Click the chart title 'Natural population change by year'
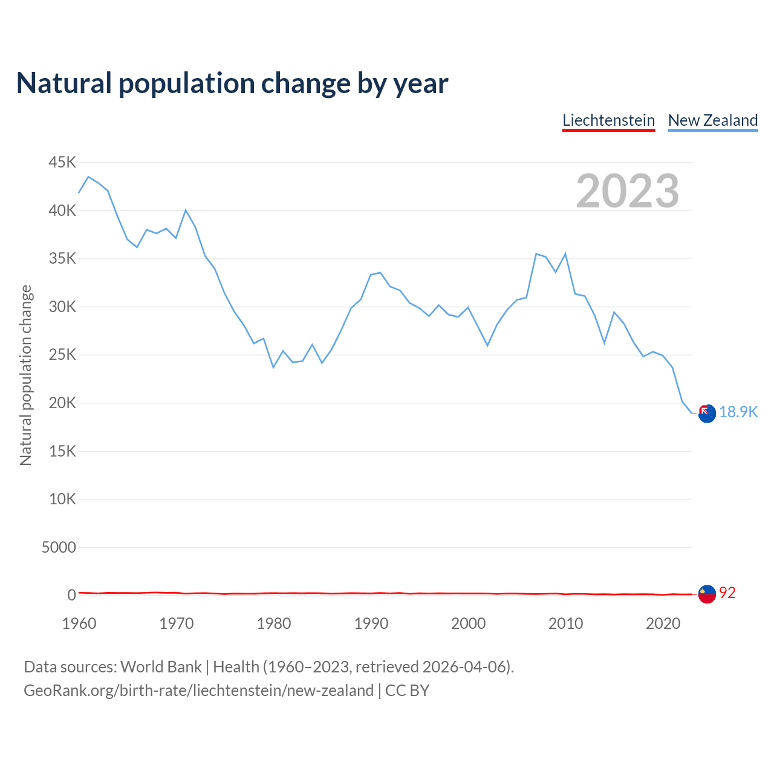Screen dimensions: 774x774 click(x=232, y=83)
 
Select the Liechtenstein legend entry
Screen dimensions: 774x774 click(x=608, y=120)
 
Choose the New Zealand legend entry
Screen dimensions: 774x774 click(x=712, y=120)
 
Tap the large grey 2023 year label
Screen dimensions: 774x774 click(x=627, y=191)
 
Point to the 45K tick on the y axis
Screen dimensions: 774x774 click(x=62, y=162)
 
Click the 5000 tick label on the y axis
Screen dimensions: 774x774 click(x=59, y=547)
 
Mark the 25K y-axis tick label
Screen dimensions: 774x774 click(x=62, y=354)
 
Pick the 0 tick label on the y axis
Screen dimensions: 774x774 click(x=72, y=595)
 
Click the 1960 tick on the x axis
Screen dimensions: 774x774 click(x=79, y=623)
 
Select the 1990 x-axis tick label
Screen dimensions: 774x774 click(x=371, y=623)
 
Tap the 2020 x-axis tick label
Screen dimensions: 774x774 click(x=663, y=623)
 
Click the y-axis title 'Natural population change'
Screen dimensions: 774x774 click(x=26, y=375)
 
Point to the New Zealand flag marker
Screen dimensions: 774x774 click(x=707, y=414)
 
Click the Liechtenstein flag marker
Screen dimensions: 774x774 click(x=707, y=594)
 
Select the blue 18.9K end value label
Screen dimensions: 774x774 click(x=738, y=412)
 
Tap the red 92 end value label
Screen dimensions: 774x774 click(x=727, y=593)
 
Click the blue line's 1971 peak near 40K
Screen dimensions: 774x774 click(x=186, y=210)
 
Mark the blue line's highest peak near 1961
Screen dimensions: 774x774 click(x=88, y=177)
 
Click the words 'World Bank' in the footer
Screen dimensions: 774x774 click(x=161, y=666)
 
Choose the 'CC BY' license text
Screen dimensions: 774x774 click(x=407, y=691)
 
